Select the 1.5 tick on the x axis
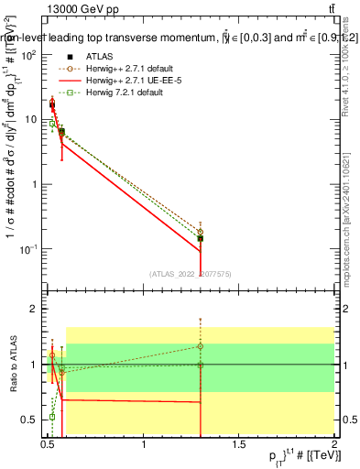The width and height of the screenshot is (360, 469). tap(239, 445)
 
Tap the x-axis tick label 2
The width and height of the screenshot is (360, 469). tap(334, 445)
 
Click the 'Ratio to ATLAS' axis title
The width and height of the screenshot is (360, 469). tap(13, 364)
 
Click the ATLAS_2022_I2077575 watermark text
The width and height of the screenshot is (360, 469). tap(191, 273)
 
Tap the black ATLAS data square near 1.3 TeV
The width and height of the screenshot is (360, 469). tap(200, 238)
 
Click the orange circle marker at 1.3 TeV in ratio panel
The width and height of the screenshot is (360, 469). tap(200, 346)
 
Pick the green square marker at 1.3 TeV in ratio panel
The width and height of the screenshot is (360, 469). tap(200, 365)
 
